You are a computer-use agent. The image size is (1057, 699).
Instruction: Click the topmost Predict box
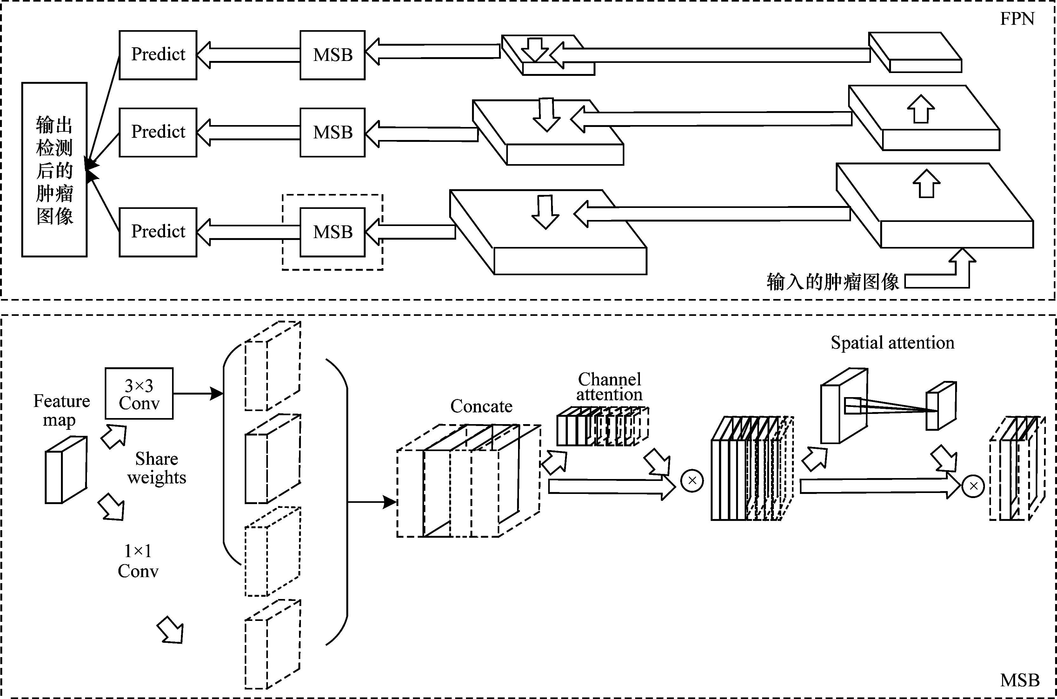click(158, 55)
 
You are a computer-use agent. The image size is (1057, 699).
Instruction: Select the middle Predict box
click(158, 132)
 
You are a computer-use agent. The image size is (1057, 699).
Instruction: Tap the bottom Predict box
click(158, 232)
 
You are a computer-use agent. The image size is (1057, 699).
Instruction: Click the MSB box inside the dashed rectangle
click(333, 232)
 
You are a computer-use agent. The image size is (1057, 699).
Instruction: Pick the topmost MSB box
click(333, 55)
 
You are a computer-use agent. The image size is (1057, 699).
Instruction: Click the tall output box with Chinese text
click(54, 170)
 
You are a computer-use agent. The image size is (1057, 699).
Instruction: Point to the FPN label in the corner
click(1017, 19)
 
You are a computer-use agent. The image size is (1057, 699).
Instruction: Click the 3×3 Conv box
click(139, 394)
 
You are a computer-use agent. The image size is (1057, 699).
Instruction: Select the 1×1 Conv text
click(138, 561)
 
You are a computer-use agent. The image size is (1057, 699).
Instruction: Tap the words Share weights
click(156, 468)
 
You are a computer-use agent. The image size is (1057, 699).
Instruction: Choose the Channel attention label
click(609, 387)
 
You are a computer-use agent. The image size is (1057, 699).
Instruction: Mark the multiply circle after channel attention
click(692, 481)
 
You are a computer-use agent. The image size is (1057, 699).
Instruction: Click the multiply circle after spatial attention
click(974, 486)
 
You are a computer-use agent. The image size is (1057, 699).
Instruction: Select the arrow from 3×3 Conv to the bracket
click(198, 394)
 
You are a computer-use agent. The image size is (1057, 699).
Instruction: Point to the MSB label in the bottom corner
click(1020, 680)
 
